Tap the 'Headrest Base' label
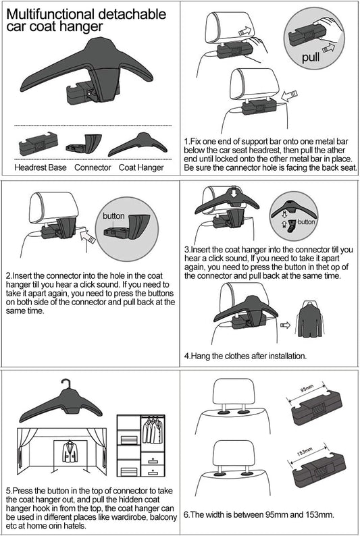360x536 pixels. [x=41, y=167]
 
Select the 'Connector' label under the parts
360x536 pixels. [x=93, y=167]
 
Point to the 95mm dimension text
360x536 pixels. [x=308, y=390]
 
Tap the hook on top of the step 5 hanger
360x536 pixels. [x=66, y=386]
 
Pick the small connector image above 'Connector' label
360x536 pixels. [x=84, y=144]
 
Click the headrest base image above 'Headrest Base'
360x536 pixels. [x=35, y=144]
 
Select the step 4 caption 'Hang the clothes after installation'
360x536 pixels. [x=245, y=355]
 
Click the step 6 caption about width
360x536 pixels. [x=259, y=514]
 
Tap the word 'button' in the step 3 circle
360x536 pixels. [x=306, y=221]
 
